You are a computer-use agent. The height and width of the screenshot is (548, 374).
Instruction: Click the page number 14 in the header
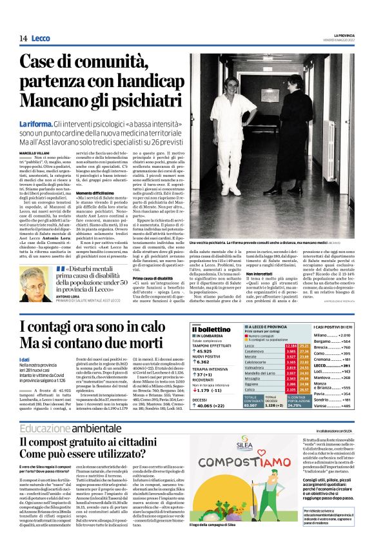23,39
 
